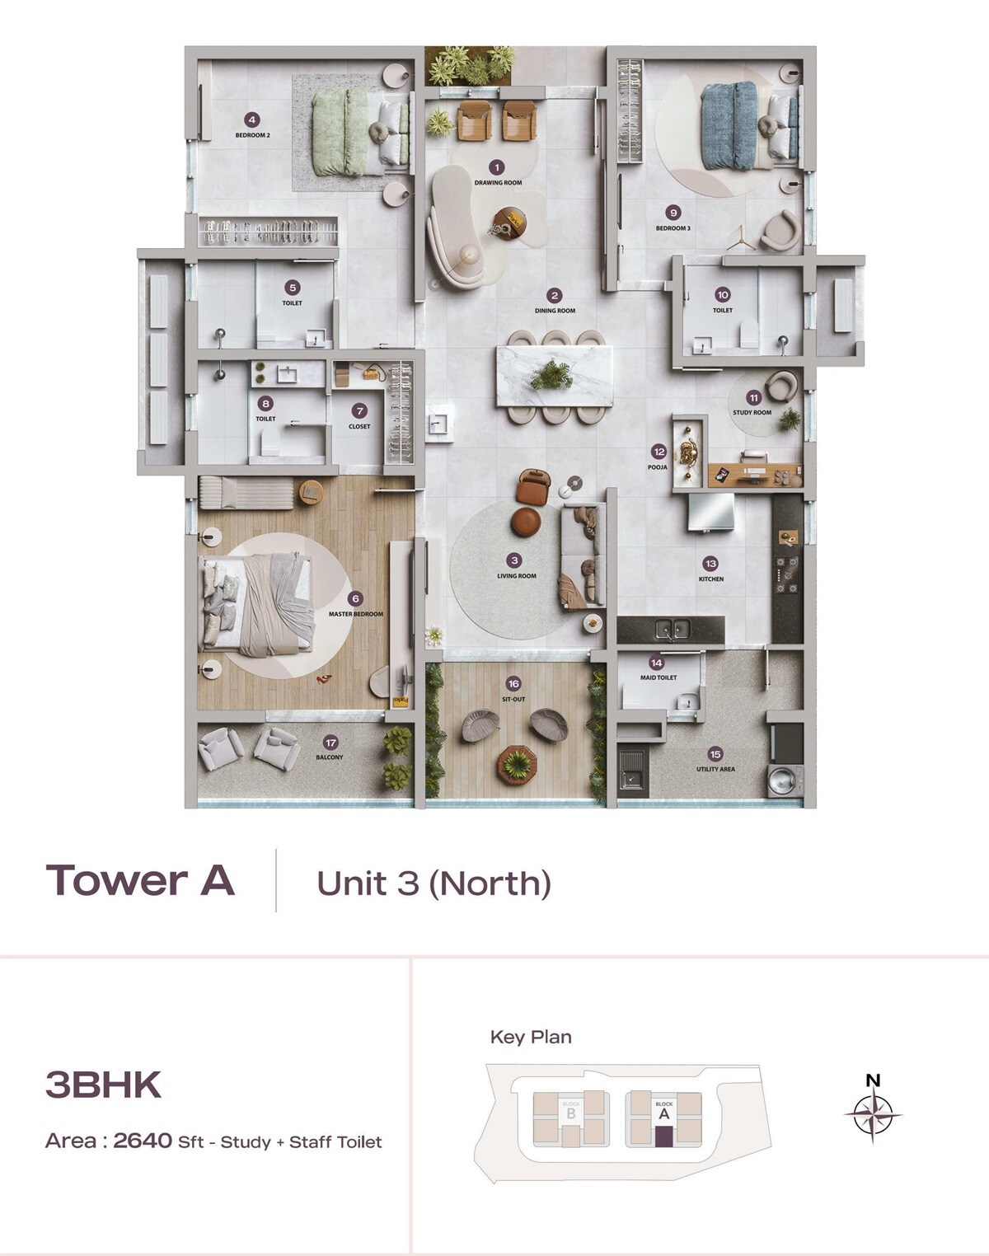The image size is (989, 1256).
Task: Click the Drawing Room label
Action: tap(498, 183)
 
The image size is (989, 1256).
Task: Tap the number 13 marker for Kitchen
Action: tap(710, 564)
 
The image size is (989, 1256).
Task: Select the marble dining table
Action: tap(554, 376)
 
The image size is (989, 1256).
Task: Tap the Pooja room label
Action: tap(658, 467)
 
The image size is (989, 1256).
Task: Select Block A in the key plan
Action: tap(663, 1119)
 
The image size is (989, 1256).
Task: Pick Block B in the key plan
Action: tap(570, 1119)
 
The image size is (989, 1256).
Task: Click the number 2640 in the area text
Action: tap(143, 1141)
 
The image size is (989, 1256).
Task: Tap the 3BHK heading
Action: tap(103, 1085)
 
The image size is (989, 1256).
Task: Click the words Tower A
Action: tap(140, 880)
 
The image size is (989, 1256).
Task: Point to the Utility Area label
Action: tap(715, 769)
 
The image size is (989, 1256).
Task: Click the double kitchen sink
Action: tap(672, 630)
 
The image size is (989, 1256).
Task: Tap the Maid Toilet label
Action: tap(659, 677)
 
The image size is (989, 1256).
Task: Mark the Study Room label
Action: tap(752, 412)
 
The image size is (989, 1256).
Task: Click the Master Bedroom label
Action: tap(356, 614)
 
